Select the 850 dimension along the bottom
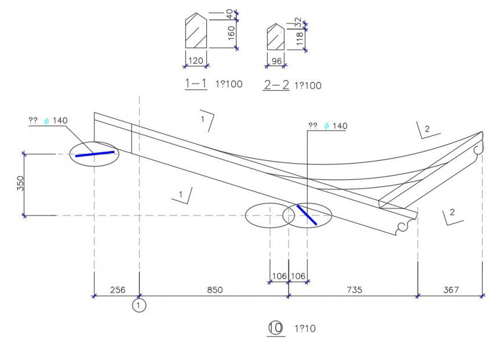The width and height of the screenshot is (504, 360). click(214, 289)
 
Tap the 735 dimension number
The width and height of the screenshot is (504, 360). click(353, 289)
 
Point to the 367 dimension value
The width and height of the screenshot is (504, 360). click(450, 289)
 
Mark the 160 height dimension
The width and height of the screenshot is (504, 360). click(231, 34)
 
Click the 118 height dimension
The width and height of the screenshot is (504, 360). click(300, 39)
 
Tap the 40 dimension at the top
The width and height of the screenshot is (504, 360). click(230, 13)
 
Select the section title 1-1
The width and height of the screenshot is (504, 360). click(196, 83)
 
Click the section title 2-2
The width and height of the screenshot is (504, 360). click(276, 85)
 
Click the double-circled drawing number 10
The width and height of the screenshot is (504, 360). click(276, 328)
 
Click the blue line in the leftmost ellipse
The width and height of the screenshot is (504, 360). click(94, 153)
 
